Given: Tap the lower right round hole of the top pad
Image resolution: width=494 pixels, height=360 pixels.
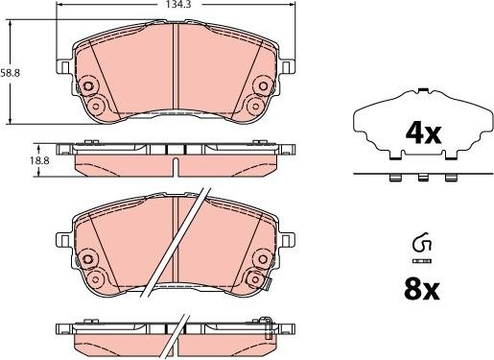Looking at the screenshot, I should tap(253, 105).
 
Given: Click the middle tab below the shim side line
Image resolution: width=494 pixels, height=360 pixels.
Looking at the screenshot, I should tap(421, 178).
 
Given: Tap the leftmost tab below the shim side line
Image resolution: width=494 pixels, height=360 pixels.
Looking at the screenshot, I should tap(390, 178).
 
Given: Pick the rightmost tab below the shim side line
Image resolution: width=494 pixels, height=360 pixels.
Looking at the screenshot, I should tap(451, 178).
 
